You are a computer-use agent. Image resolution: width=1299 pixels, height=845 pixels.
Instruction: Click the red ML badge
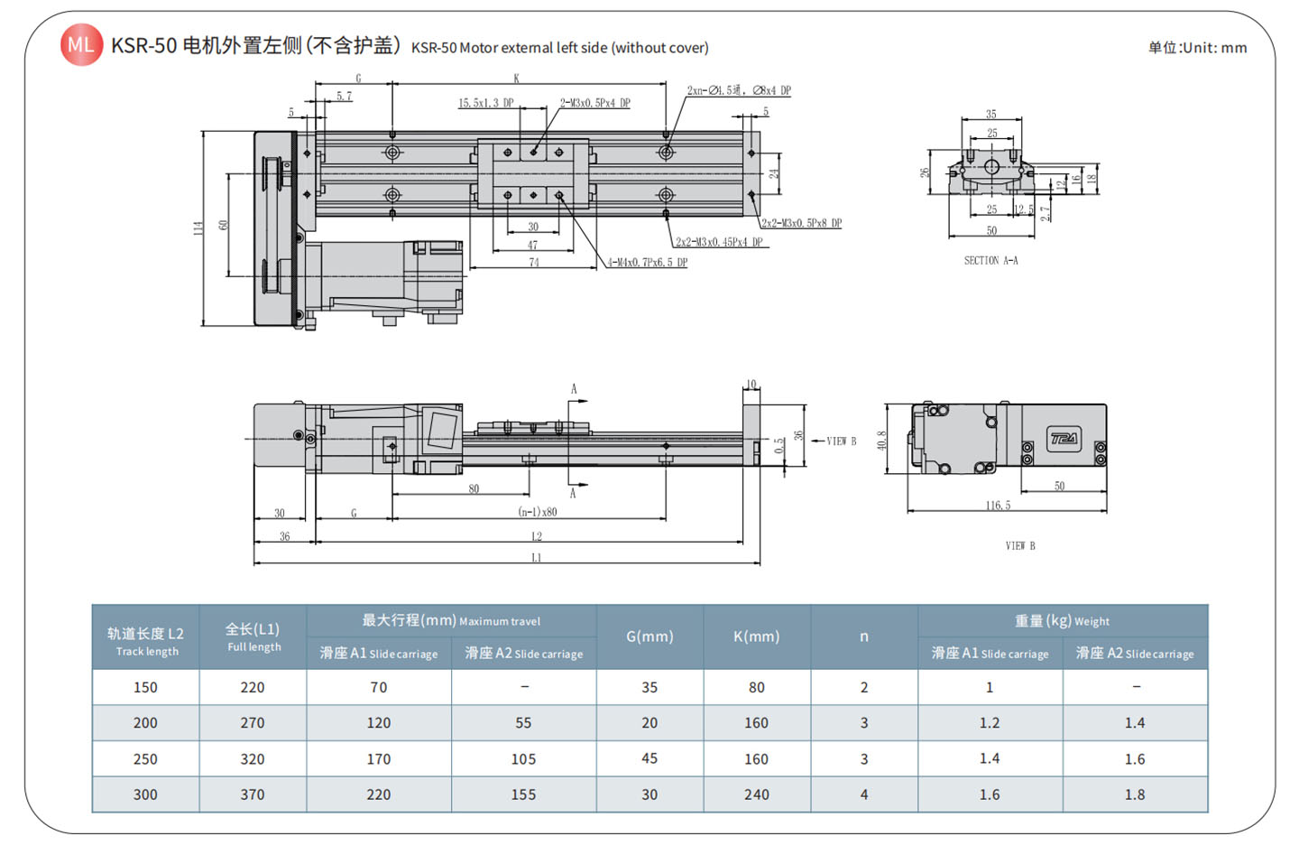click(x=81, y=44)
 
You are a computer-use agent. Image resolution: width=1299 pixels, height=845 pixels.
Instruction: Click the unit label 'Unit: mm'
click(x=1197, y=48)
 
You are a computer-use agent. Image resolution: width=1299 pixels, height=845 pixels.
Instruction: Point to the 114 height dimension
click(x=198, y=227)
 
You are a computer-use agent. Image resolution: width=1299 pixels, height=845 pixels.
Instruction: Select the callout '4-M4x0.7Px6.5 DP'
click(x=647, y=263)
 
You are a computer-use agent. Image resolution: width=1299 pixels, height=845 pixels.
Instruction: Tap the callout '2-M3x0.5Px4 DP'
click(x=594, y=103)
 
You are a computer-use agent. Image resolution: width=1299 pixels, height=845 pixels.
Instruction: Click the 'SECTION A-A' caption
click(x=990, y=261)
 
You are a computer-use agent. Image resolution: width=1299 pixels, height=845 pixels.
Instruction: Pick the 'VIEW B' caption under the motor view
click(x=1020, y=545)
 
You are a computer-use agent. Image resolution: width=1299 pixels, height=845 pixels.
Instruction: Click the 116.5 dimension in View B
click(x=998, y=506)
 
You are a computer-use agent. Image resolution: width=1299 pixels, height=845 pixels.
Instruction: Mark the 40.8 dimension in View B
click(x=881, y=440)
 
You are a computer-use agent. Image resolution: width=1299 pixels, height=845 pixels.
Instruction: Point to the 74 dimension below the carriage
click(x=534, y=263)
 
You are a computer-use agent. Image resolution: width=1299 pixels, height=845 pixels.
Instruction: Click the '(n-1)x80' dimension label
click(x=537, y=512)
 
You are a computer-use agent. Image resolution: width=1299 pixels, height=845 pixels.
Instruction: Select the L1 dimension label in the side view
click(x=537, y=558)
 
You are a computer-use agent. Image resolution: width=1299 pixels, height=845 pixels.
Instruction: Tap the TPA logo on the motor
click(x=1064, y=439)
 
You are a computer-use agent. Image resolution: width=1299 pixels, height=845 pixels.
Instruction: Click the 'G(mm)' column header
click(x=649, y=636)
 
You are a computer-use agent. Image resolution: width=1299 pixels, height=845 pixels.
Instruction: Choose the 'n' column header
click(x=863, y=636)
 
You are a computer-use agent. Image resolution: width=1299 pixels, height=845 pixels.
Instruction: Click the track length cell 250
click(x=145, y=759)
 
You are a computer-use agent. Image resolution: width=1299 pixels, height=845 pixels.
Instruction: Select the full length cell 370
click(x=253, y=794)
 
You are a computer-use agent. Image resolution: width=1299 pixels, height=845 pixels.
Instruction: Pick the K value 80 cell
click(x=756, y=687)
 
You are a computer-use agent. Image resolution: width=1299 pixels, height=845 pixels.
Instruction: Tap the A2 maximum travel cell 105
click(x=523, y=759)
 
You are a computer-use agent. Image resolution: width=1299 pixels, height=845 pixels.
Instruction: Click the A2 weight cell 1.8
click(x=1134, y=794)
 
